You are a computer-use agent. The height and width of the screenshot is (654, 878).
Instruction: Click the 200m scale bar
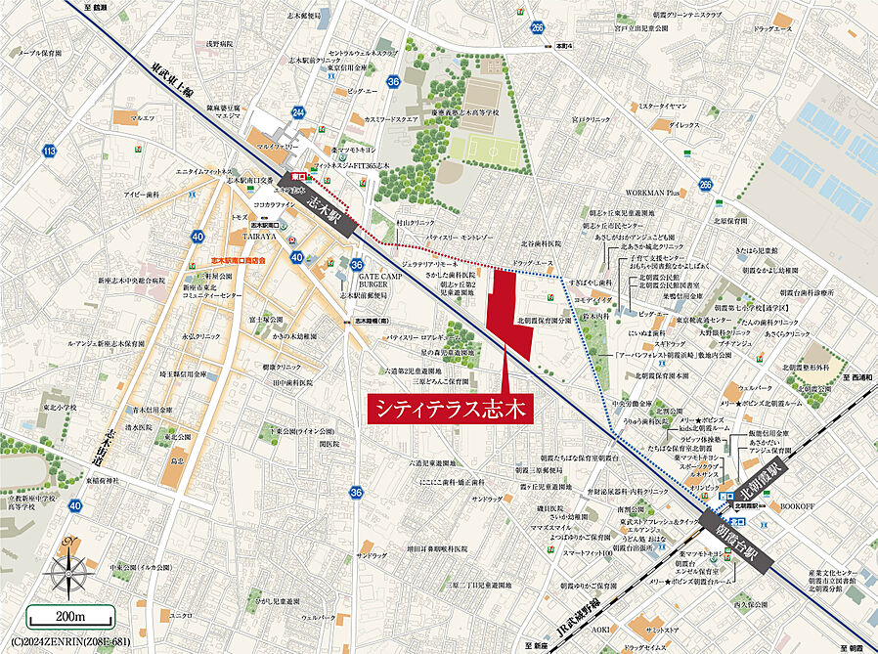point(69,617)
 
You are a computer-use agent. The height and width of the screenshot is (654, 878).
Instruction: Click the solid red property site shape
point(509,313)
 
